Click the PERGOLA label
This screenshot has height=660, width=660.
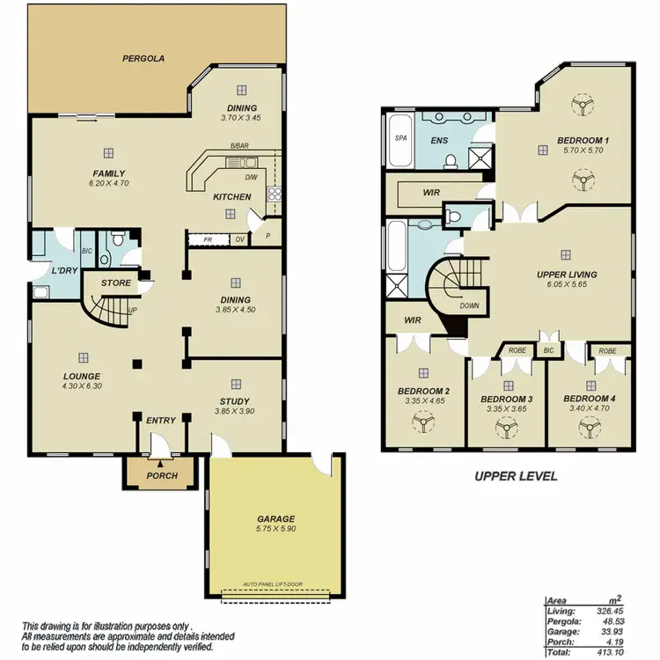point(142,58)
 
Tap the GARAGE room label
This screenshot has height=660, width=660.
point(275,518)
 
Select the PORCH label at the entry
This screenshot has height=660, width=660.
point(161,475)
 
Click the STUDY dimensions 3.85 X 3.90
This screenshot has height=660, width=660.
point(235,411)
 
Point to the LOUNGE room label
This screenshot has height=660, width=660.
point(81,376)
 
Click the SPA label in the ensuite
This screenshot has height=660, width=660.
point(400,138)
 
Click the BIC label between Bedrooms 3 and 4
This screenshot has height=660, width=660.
point(548,350)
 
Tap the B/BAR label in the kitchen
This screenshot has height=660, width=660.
point(238,146)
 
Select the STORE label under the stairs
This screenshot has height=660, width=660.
point(115,283)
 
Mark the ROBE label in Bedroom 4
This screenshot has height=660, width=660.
point(608,350)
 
